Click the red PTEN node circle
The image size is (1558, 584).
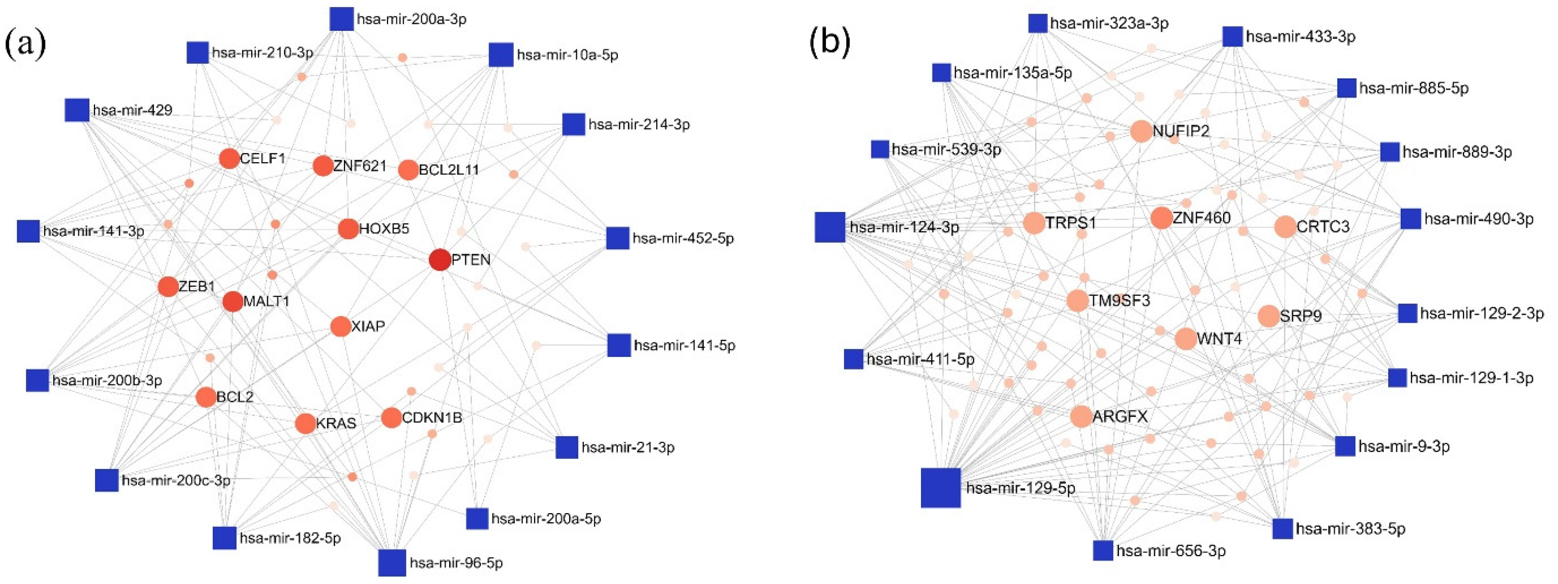tap(440, 260)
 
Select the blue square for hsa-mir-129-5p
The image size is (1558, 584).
tap(941, 487)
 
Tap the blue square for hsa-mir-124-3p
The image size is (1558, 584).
tap(830, 227)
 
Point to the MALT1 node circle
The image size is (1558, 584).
tap(233, 301)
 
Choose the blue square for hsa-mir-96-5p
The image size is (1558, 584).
tap(392, 562)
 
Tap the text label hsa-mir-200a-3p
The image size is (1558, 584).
tap(411, 19)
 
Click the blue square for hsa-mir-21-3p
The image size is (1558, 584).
tap(567, 447)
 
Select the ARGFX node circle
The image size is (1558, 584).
tap(1081, 416)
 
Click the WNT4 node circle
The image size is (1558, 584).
tap(1186, 339)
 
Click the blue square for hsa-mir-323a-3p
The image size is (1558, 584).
tap(1038, 24)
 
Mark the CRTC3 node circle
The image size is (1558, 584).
tap(1285, 227)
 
